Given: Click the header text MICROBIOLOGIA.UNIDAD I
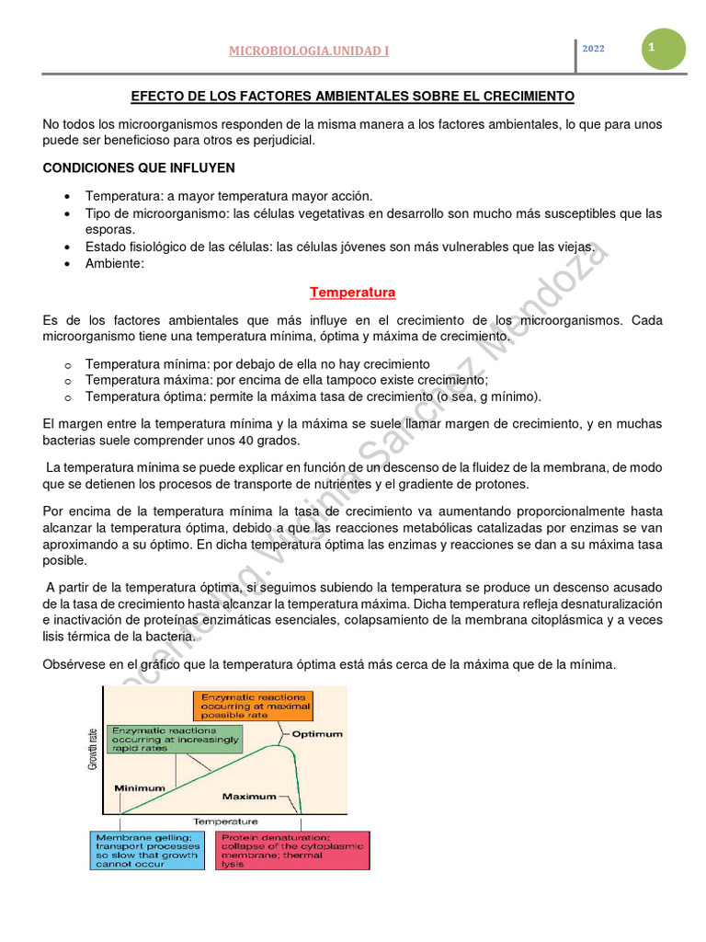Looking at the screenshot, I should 308,51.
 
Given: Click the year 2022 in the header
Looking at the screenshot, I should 593,49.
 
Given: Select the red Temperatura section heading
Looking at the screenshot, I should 352,293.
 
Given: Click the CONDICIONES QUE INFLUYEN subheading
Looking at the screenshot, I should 139,167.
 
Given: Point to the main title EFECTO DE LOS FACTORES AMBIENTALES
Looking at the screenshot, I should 352,96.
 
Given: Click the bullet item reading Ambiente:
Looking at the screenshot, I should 115,263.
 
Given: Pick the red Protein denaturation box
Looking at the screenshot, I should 291,851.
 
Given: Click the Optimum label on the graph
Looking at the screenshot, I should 317,734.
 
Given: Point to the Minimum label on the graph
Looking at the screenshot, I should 140,787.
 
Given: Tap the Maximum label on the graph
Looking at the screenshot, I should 249,796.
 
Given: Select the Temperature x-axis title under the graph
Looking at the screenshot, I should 225,821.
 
